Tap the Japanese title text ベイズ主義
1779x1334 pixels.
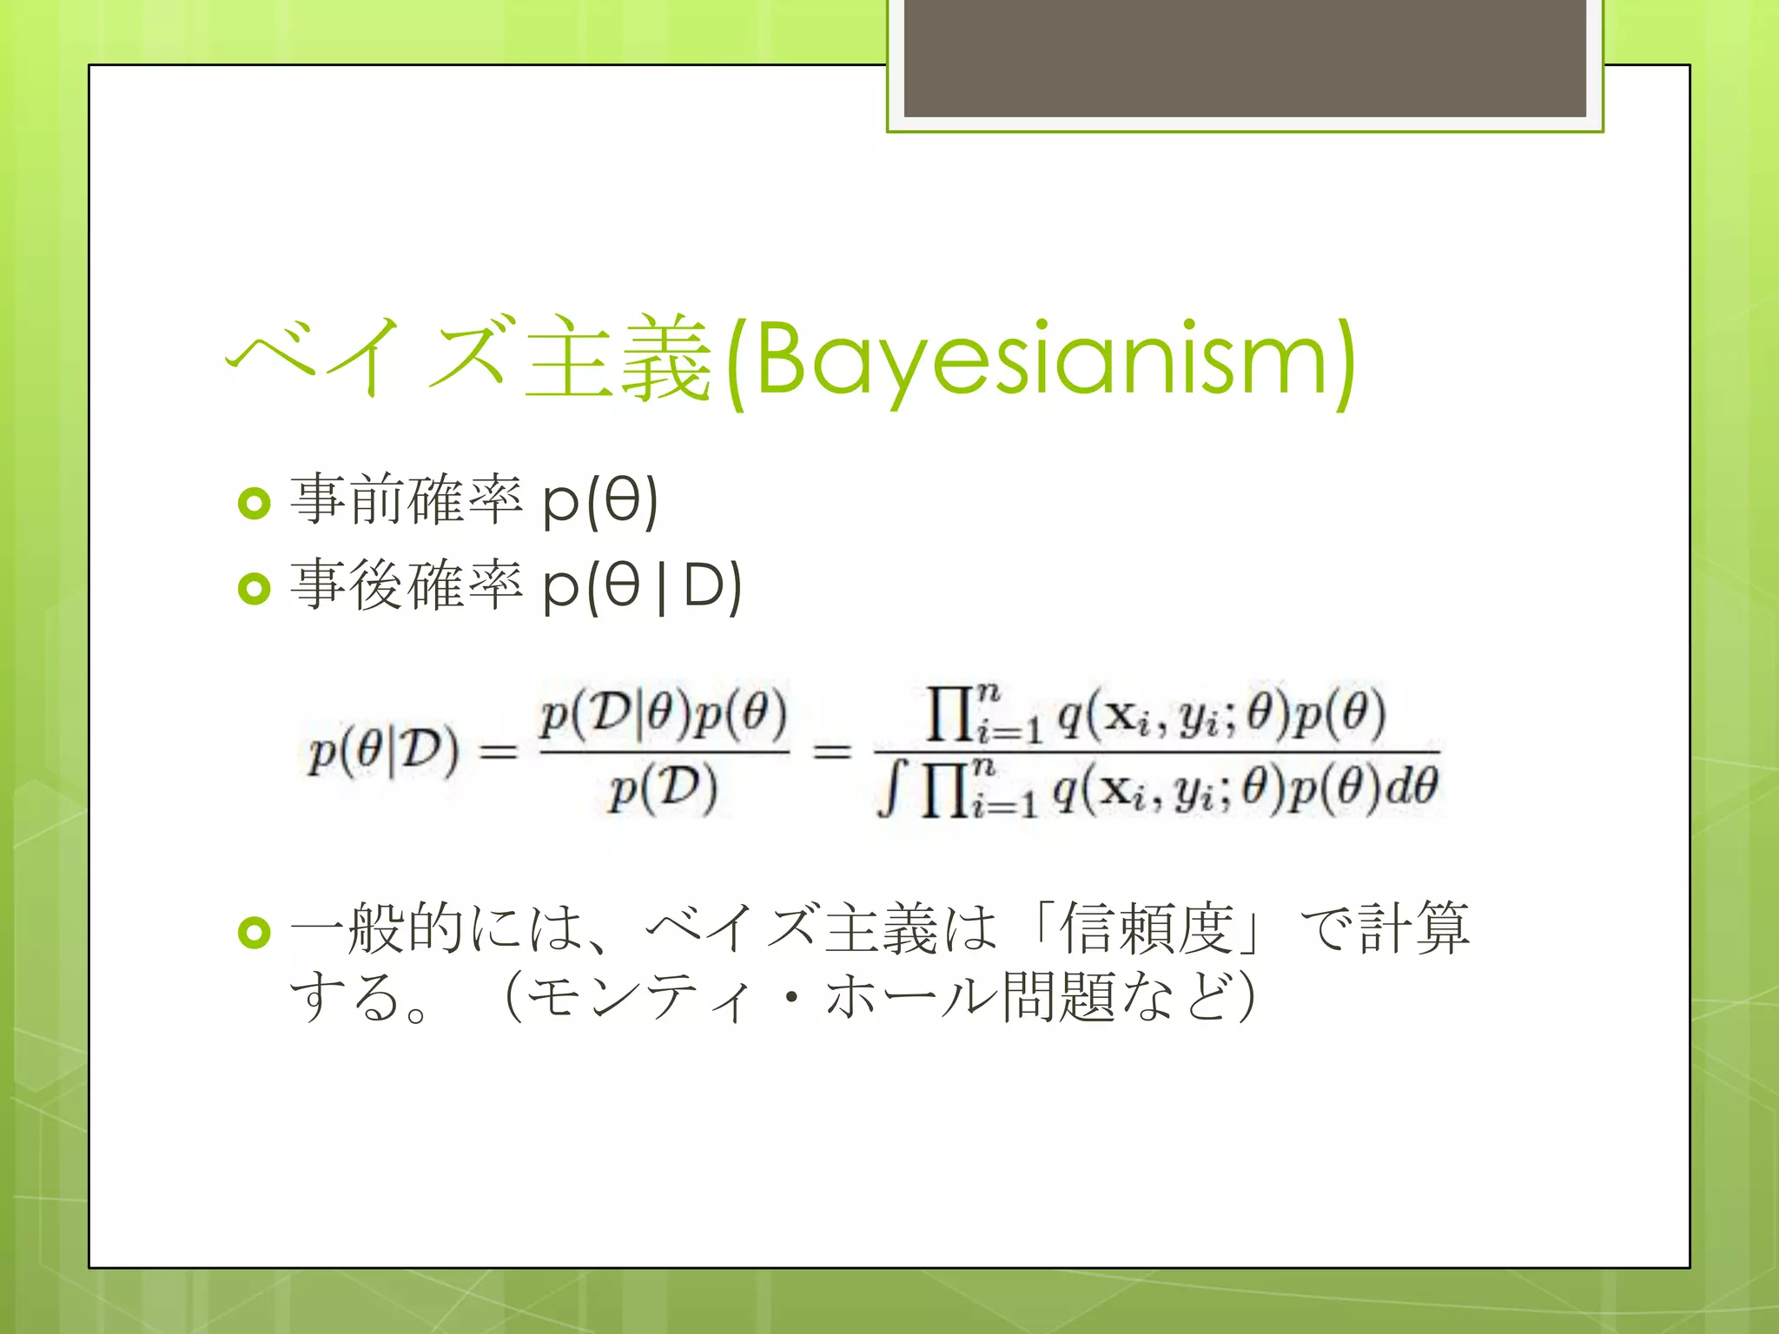pos(469,358)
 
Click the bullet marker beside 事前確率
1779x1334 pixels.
pos(254,503)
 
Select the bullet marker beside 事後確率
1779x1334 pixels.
pos(254,589)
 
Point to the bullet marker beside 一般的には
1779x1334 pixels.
pos(254,933)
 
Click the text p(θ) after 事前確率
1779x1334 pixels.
pos(600,502)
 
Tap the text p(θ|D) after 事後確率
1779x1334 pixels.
pos(642,587)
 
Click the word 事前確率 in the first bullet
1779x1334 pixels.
pos(407,500)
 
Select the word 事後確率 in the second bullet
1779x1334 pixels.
pos(407,585)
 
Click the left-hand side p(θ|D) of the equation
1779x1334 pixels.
pos(383,752)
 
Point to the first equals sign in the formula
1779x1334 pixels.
pos(499,752)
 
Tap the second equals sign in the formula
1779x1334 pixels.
pos(831,751)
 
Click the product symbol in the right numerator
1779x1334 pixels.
pos(949,716)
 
